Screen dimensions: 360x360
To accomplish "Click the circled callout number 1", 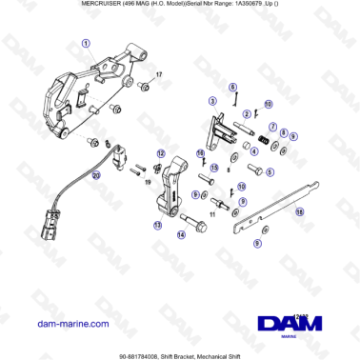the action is (x=86, y=44).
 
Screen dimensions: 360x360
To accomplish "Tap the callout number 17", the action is (x=160, y=74).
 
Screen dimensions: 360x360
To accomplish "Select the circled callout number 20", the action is (x=95, y=175).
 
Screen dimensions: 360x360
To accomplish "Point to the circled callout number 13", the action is (x=156, y=226).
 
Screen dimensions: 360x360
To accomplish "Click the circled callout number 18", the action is (x=300, y=211).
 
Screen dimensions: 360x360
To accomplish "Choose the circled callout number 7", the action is (x=271, y=127).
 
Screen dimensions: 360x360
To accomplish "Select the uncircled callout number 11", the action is (x=212, y=215).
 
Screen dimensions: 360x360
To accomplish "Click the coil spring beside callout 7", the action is (x=255, y=143).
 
